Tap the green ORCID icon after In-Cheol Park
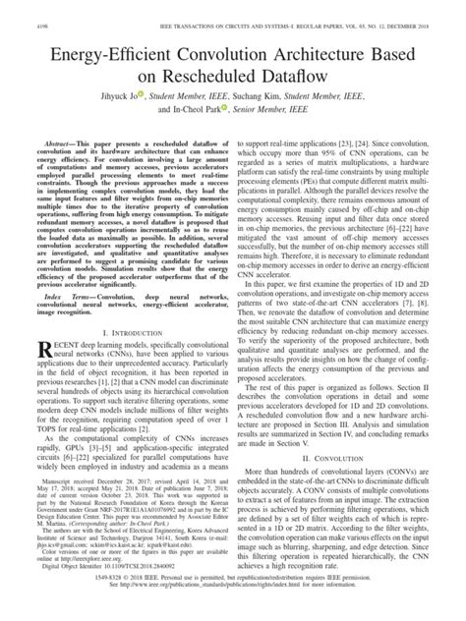228,109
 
